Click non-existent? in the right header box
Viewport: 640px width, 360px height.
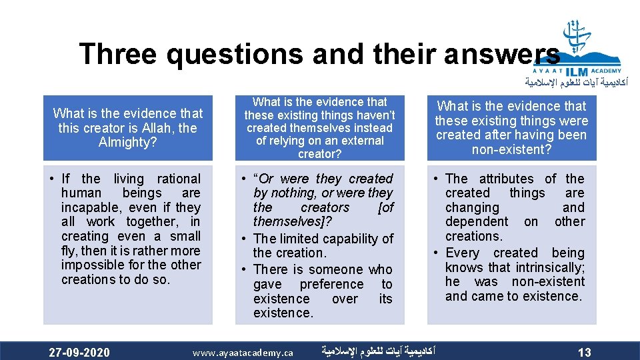(511, 149)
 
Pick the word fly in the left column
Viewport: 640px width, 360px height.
(69, 251)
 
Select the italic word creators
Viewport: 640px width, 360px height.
(325, 207)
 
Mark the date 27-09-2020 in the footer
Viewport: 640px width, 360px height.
(79, 352)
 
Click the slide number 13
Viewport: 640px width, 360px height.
(584, 352)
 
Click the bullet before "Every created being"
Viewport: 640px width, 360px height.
(435, 253)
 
